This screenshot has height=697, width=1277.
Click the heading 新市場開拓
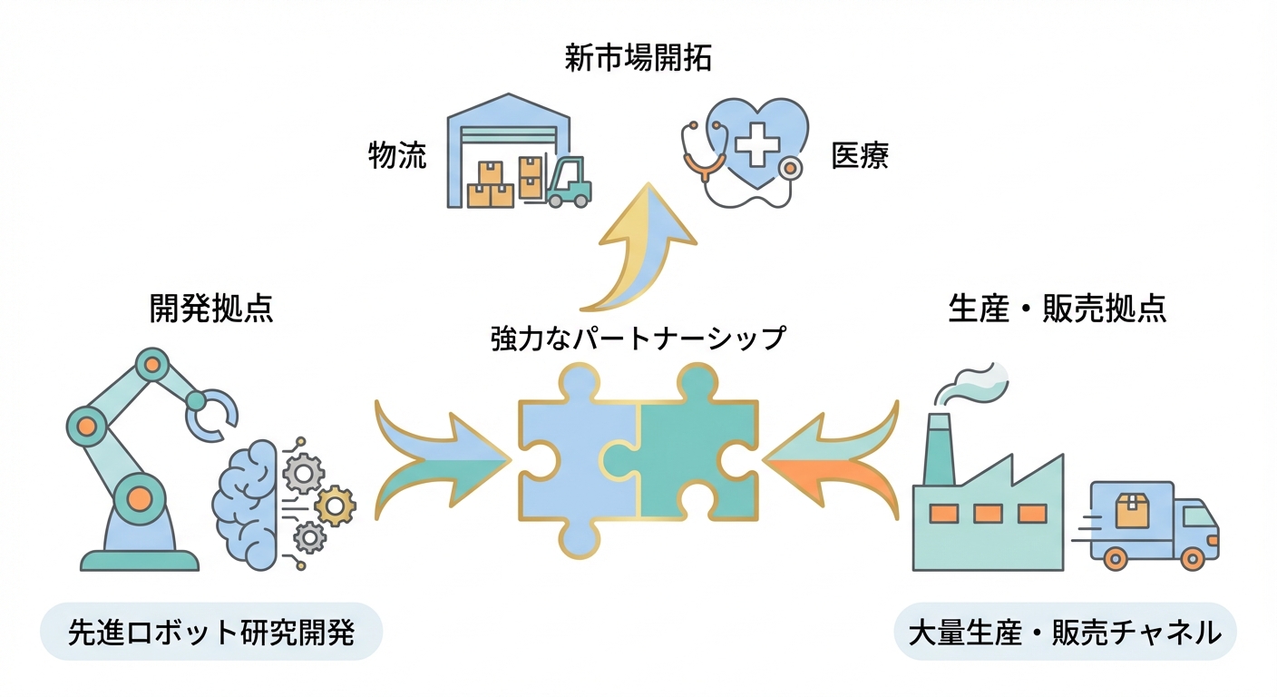point(638,60)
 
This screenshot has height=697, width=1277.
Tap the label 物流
point(397,156)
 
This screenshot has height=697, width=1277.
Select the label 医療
point(860,156)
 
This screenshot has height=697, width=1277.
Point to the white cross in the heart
point(752,145)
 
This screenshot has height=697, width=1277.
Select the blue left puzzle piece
point(567,454)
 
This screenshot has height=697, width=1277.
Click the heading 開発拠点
point(211,309)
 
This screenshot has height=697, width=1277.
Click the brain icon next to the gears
point(245,495)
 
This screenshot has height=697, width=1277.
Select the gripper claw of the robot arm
point(214,414)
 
